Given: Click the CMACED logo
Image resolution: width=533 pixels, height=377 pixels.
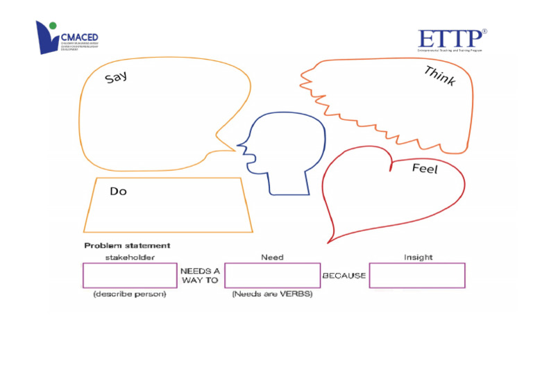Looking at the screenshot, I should click(x=67, y=37).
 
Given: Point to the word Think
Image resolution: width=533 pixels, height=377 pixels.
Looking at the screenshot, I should click(x=439, y=76).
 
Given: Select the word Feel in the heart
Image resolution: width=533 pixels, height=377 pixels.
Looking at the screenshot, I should click(x=425, y=168).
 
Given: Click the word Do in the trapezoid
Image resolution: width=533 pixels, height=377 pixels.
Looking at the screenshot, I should click(x=118, y=191).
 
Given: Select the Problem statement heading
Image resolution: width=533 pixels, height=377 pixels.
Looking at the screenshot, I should click(x=127, y=245).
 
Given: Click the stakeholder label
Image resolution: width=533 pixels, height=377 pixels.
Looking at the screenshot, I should click(x=130, y=257).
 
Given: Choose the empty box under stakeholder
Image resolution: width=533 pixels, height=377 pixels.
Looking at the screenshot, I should click(x=130, y=275).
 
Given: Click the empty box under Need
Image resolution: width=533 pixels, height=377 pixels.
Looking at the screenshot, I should click(x=272, y=275).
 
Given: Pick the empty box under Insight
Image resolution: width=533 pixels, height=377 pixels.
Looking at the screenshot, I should click(x=417, y=275).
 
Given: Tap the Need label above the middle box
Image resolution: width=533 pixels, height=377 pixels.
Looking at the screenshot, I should click(x=272, y=257).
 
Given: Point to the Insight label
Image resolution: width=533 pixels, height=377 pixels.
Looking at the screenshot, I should click(x=418, y=257).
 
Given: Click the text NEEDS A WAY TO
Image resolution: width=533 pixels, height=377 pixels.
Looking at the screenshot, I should click(x=201, y=276).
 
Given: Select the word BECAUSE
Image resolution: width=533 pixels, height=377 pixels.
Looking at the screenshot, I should click(x=344, y=276).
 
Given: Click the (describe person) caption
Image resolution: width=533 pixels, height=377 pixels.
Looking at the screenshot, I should click(x=130, y=294).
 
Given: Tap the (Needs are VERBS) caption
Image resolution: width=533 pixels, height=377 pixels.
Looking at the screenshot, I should click(x=272, y=294).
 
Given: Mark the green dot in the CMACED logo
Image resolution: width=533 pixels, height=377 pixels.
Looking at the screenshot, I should click(x=53, y=26).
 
